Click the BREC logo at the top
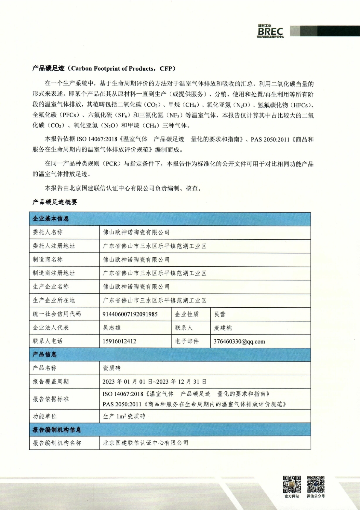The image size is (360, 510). coord(270,31)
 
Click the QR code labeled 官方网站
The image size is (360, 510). coord(292,484)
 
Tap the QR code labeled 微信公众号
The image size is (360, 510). coord(316,484)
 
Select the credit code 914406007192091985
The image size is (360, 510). coord(130,314)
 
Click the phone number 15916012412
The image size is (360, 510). coord(119,341)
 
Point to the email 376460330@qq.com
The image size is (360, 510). coord(239,342)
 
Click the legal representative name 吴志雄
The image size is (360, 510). coord(112,328)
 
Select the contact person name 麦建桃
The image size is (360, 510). coord(223,328)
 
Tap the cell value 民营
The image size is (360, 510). coord(220,314)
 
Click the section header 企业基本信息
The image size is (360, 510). coord(51,219)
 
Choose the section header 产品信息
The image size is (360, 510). coord(45,355)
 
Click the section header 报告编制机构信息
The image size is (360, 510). coord(57,430)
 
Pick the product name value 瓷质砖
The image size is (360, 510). coord(112,368)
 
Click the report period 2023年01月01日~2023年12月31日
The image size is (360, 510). coord(154,382)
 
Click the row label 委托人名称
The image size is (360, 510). coord(48,232)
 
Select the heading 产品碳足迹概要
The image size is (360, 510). coord(55,202)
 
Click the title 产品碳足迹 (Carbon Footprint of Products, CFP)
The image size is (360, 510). coord(104,68)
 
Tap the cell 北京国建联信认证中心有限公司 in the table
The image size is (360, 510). coord(146,443)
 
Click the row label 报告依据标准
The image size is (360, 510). coord(51,399)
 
